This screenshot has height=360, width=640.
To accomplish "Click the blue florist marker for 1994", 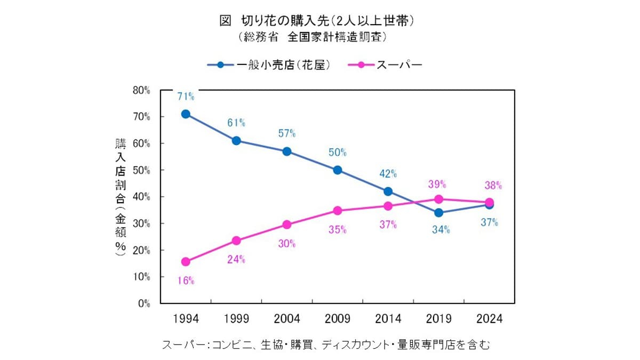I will [x=186, y=114].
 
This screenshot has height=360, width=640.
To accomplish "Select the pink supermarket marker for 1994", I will [x=186, y=262].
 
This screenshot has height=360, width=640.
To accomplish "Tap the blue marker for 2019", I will [x=439, y=213].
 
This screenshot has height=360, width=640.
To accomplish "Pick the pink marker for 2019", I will [x=439, y=199].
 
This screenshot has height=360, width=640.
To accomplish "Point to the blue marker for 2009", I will [x=338, y=170].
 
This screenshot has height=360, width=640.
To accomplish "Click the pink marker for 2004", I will [x=287, y=225].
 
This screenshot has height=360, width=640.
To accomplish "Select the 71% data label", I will [x=186, y=97].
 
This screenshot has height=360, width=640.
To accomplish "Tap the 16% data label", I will [x=186, y=281].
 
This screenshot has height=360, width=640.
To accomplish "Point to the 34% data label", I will [x=441, y=230].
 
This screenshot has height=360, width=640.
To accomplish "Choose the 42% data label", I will [x=388, y=173].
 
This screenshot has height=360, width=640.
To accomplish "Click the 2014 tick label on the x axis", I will [x=388, y=319].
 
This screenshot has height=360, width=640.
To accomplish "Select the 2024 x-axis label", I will [x=489, y=319].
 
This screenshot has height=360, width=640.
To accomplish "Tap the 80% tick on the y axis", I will [x=141, y=90].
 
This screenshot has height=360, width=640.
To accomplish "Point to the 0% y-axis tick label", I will [x=143, y=303].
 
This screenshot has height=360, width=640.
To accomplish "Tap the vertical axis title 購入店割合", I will [x=121, y=197].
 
